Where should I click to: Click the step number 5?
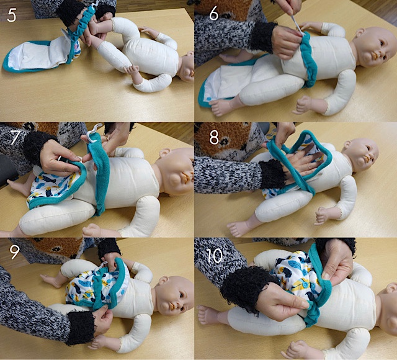[11, 15]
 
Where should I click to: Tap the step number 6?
[213, 14]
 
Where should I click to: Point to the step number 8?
[214, 138]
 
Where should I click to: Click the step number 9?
[14, 251]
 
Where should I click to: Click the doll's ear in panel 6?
[360, 33]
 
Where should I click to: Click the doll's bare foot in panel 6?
[221, 107]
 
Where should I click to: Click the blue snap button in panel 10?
[305, 285]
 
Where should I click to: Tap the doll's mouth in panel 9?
[172, 306]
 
